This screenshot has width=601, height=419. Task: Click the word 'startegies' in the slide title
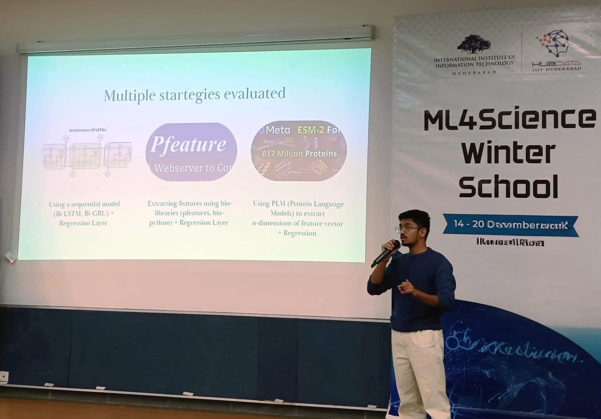pos(189,94)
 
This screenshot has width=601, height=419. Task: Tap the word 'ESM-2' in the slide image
pos(310,130)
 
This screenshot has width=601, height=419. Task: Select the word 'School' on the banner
pos(508,186)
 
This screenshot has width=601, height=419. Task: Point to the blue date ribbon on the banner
pos(510,225)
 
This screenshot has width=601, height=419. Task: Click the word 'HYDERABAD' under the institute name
pos(474,72)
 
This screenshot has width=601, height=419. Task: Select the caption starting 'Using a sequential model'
pos(84,213)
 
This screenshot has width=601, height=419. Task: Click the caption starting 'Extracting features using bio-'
pos(189,213)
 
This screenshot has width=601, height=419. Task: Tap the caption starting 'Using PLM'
pos(298,218)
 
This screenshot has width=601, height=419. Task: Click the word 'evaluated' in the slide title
pos(254,93)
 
